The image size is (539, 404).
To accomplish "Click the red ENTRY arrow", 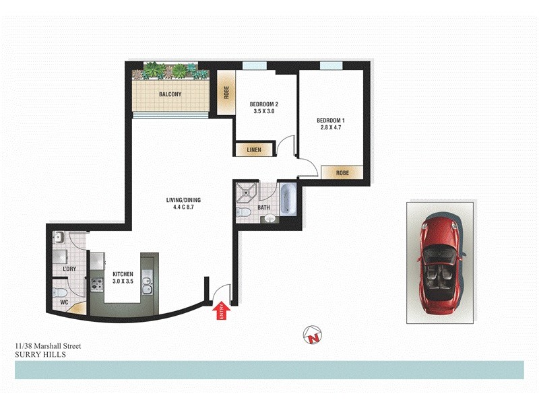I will [x=221, y=310].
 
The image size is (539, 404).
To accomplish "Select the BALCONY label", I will [x=170, y=95].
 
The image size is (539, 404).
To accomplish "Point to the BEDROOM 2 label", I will [x=264, y=104].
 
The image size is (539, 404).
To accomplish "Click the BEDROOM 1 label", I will [x=331, y=121].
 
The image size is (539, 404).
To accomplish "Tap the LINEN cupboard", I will [x=253, y=149].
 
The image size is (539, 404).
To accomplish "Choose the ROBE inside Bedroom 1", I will [x=343, y=172].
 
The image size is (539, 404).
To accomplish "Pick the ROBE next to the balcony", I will [x=226, y=92].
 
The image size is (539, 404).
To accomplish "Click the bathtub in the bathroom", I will [x=289, y=200].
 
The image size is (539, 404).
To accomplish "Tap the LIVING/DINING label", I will [x=184, y=200].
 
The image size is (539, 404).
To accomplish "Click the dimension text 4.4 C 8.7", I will [x=184, y=208].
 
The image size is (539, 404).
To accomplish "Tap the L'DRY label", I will [x=68, y=269].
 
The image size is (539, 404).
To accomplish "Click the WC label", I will [x=65, y=302].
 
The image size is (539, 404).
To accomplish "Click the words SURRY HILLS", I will [x=40, y=354].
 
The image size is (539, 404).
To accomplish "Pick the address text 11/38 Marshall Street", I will [x=48, y=346].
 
